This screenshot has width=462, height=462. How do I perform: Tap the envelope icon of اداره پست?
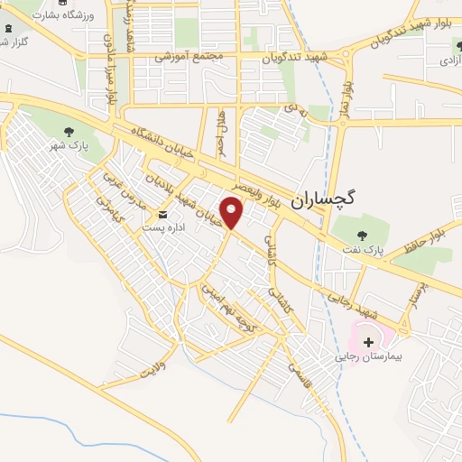(x=163, y=215)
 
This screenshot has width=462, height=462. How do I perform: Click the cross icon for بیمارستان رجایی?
(x=368, y=341)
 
